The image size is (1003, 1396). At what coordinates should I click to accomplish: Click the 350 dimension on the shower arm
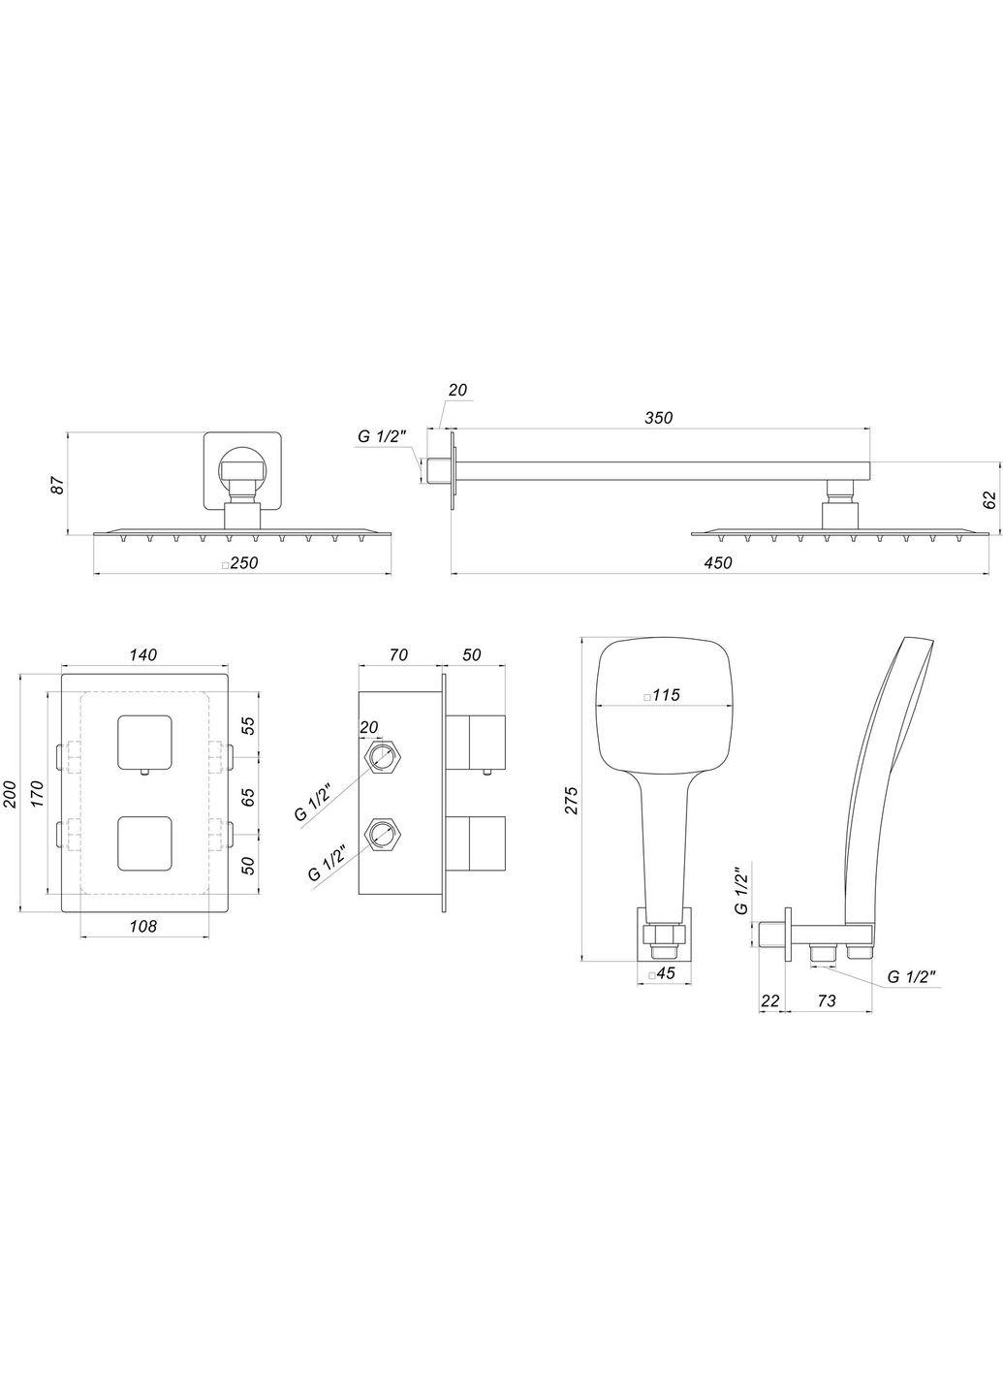pyautogui.click(x=659, y=418)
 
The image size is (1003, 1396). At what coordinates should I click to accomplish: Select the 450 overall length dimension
pyautogui.click(x=718, y=563)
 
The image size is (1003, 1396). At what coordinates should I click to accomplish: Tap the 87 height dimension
pyautogui.click(x=57, y=485)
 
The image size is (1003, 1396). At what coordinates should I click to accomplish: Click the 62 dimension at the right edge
pyautogui.click(x=988, y=500)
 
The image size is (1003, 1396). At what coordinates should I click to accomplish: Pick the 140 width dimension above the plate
pyautogui.click(x=142, y=656)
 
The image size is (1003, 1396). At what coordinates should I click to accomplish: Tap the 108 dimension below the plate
pyautogui.click(x=142, y=926)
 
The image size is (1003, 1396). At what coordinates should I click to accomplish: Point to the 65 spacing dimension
pyautogui.click(x=248, y=797)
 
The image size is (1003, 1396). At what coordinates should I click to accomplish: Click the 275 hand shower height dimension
pyautogui.click(x=571, y=799)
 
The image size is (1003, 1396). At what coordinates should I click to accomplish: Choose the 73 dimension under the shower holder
pyautogui.click(x=826, y=1000)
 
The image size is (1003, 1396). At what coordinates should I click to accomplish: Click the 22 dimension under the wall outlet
pyautogui.click(x=769, y=1000)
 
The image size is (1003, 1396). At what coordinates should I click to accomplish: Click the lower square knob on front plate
pyautogui.click(x=143, y=841)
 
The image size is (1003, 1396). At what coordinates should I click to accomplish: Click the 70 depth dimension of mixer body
pyautogui.click(x=396, y=656)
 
